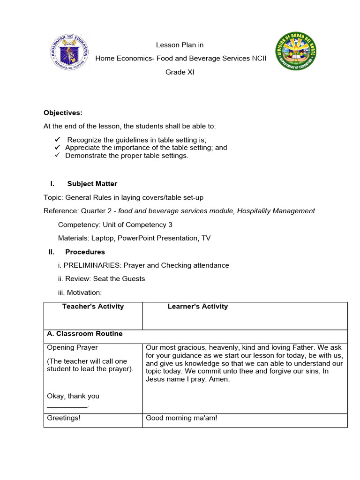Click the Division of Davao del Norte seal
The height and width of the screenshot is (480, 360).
tap(296, 51)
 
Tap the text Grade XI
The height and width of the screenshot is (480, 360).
tap(180, 72)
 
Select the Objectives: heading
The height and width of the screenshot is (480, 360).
tap(63, 112)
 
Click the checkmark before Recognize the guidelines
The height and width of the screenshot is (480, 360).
tap(58, 140)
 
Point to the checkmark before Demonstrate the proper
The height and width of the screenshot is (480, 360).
tap(58, 155)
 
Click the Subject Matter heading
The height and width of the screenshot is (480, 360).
tap(92, 184)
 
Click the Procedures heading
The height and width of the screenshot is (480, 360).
tap(85, 252)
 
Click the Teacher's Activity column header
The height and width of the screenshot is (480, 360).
tap(93, 307)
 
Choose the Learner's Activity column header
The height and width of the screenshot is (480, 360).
tap(198, 307)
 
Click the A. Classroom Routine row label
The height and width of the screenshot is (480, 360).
tap(85, 334)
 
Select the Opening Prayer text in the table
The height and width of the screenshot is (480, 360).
tap(73, 348)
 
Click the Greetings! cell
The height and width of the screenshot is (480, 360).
tap(64, 418)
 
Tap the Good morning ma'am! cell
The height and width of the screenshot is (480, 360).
tap(182, 418)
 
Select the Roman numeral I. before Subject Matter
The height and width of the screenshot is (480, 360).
tap(52, 184)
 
